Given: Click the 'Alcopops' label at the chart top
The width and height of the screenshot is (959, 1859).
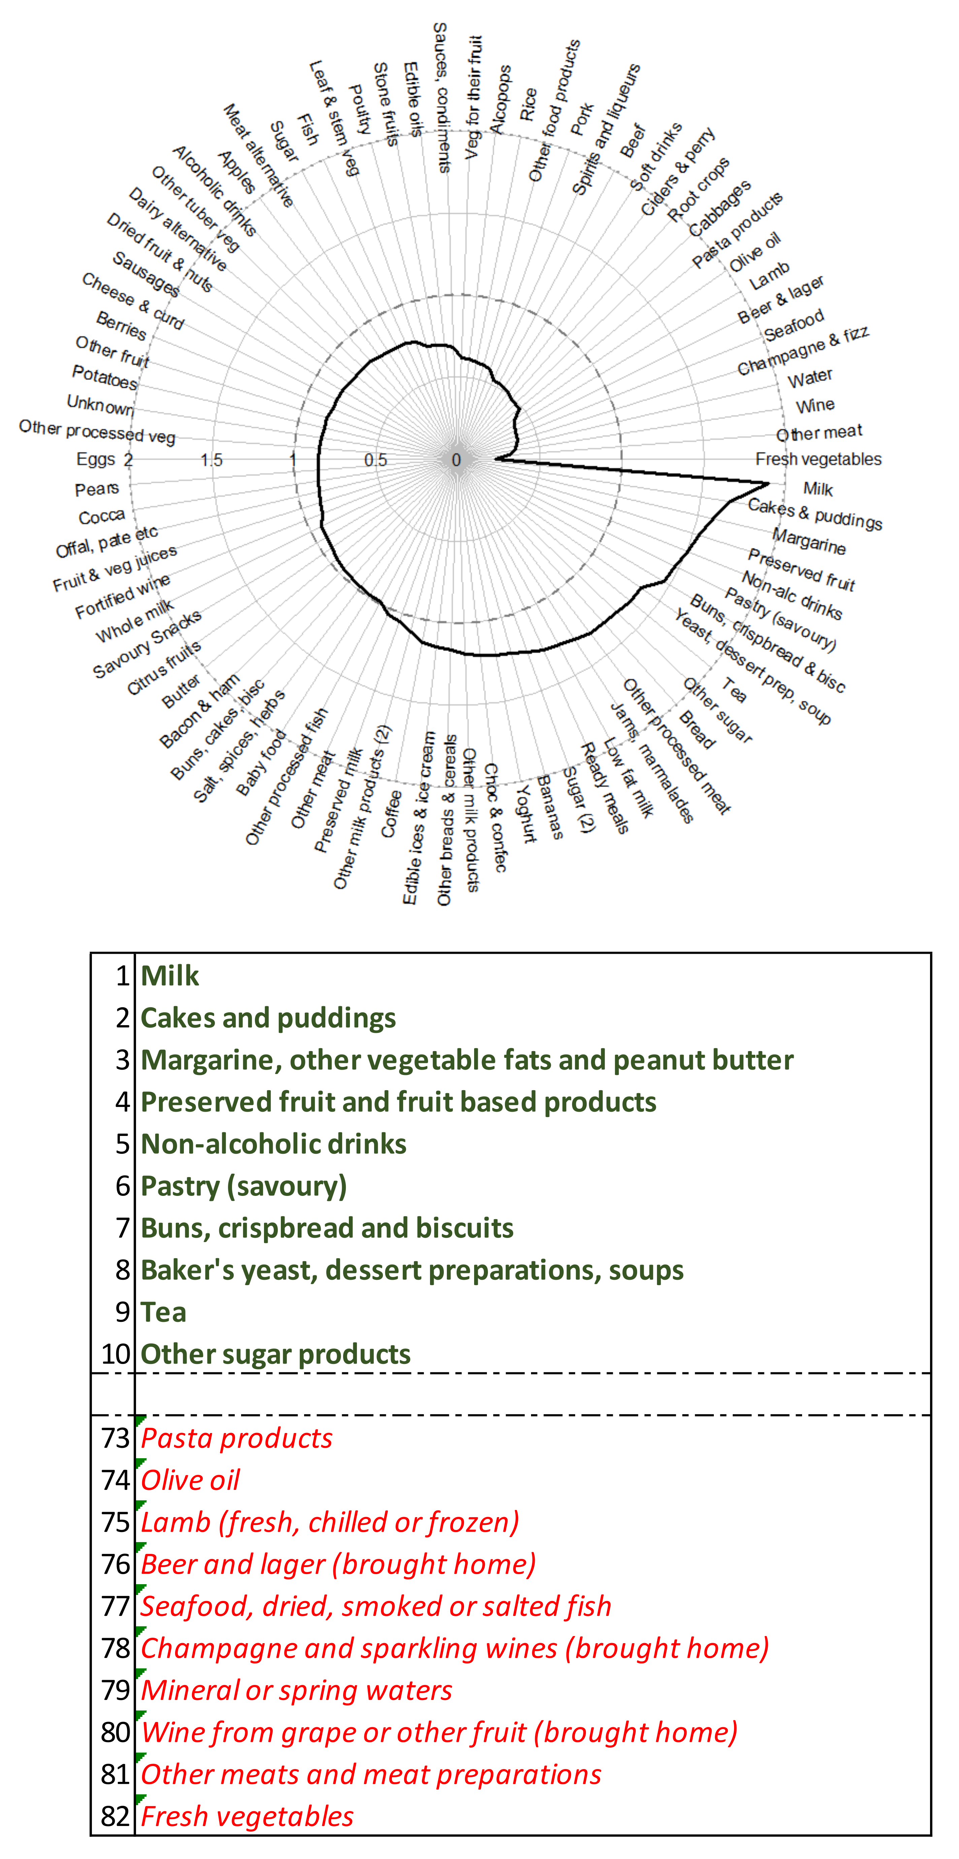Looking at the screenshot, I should pyautogui.click(x=500, y=100).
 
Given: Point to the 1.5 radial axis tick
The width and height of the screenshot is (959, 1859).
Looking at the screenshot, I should pyautogui.click(x=211, y=460).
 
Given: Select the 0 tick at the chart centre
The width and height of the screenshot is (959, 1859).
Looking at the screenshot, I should pyautogui.click(x=456, y=460).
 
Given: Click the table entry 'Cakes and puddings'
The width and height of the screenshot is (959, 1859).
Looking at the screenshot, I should pyautogui.click(x=268, y=1017).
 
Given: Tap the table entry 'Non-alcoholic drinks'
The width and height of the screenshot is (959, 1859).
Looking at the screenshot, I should pyautogui.click(x=273, y=1144).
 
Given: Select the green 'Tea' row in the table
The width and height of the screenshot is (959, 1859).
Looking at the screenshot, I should pyautogui.click(x=164, y=1312).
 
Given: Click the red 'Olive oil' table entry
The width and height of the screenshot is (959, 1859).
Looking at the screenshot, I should pyautogui.click(x=190, y=1480).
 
